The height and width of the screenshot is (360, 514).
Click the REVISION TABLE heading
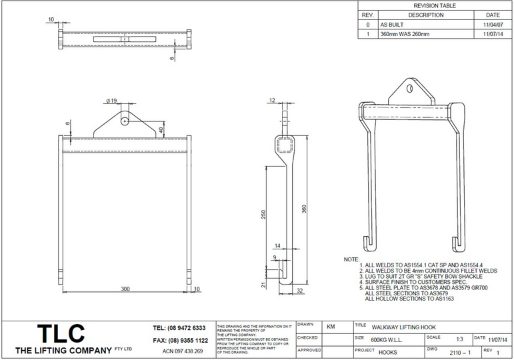[x=435, y=5]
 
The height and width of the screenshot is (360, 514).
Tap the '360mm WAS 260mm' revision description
[x=405, y=33]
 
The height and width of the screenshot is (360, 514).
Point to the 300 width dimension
[x=125, y=289]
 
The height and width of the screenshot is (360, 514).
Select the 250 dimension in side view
[x=265, y=215]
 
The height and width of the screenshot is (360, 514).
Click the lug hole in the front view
[x=125, y=121]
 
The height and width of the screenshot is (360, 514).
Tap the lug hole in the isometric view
[x=410, y=91]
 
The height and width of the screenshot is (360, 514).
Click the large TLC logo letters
[x=61, y=333]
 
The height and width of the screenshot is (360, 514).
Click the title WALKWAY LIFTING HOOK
[x=404, y=327]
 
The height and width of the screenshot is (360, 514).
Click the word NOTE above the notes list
[x=351, y=259]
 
